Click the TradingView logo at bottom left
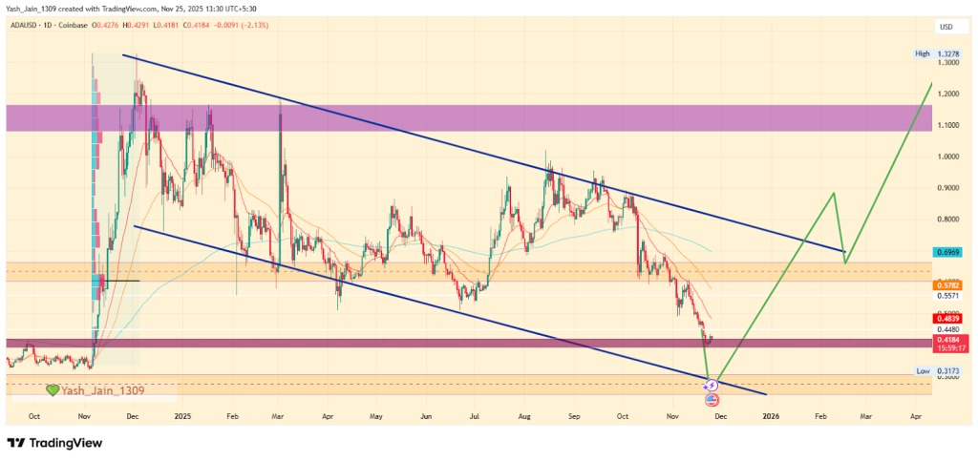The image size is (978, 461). tap(55, 443)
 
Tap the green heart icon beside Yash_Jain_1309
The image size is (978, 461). tap(53, 390)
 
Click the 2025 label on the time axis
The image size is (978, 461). tap(183, 416)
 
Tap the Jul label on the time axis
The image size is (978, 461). tap(475, 416)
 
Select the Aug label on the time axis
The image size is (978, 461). tap(524, 416)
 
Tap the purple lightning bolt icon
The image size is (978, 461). tap(712, 386)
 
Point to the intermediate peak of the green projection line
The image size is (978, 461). tap(834, 193)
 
